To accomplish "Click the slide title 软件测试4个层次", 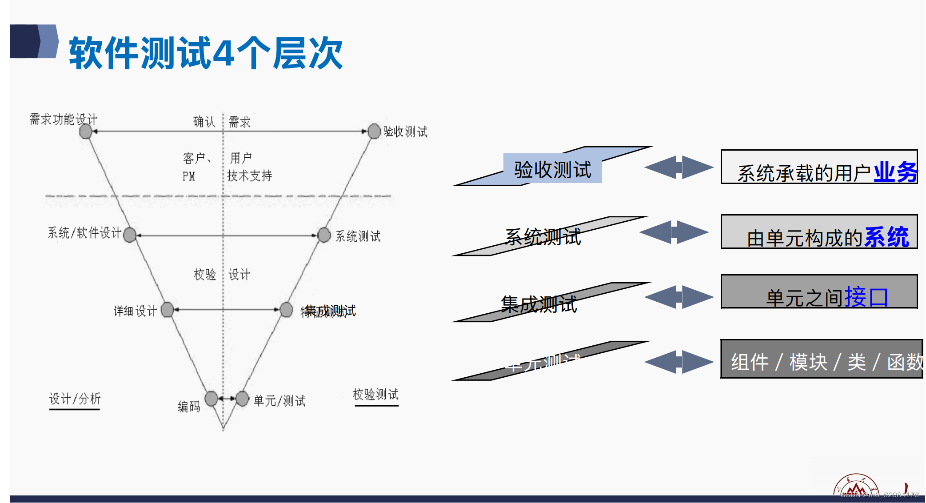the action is (205, 53).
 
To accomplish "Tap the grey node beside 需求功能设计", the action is (85, 132).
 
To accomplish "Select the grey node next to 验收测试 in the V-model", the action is (375, 131).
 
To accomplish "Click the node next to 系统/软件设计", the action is (130, 235).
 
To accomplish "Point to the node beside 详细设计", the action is (168, 309).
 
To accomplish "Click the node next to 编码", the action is (212, 399).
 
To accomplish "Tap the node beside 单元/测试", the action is (242, 399).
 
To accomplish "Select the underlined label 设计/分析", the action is (75, 399).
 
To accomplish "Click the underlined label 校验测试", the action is (375, 394).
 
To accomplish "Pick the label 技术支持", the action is (249, 176).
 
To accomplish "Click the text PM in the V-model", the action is (189, 176).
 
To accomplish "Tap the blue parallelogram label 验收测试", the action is (552, 169).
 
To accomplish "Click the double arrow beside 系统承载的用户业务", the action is (679, 167).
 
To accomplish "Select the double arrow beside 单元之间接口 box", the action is (679, 297).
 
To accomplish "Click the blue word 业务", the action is (895, 172).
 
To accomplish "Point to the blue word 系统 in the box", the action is (886, 237).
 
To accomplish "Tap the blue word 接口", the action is (866, 297).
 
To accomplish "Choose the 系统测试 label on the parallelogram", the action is (543, 237).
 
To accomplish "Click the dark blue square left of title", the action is (24, 41).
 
